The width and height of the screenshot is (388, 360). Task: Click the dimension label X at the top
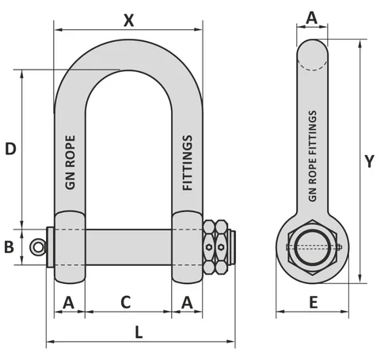128,20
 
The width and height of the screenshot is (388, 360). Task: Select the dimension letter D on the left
10,148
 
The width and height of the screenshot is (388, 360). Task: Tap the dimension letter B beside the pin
10,247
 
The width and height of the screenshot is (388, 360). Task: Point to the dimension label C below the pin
125,301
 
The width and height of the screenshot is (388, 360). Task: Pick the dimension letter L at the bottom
139,330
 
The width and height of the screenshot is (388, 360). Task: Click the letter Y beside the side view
369,161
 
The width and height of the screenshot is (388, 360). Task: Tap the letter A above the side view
311,17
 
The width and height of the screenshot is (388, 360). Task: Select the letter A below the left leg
68,301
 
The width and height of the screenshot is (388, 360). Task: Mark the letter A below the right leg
187,301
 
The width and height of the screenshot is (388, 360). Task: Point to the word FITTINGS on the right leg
188,163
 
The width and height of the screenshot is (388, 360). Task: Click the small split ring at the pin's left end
37,248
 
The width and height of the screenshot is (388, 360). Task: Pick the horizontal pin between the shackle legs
127,247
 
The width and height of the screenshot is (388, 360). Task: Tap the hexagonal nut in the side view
313,247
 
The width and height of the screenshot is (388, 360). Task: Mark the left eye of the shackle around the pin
69,246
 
